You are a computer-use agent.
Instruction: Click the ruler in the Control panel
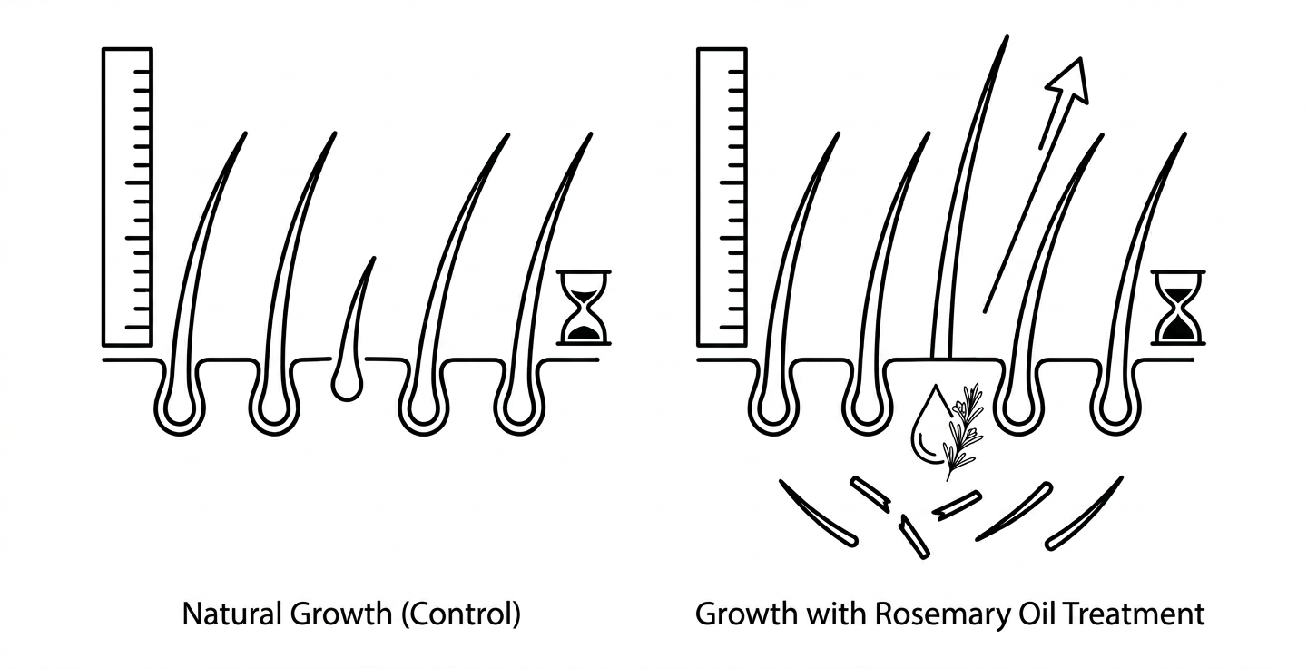click(x=127, y=197)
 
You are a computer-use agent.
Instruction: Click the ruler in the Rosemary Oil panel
click(x=722, y=197)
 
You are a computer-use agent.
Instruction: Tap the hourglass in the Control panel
click(x=584, y=308)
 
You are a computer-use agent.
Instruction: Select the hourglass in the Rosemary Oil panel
click(x=1178, y=308)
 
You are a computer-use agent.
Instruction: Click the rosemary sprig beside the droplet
click(x=964, y=432)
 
